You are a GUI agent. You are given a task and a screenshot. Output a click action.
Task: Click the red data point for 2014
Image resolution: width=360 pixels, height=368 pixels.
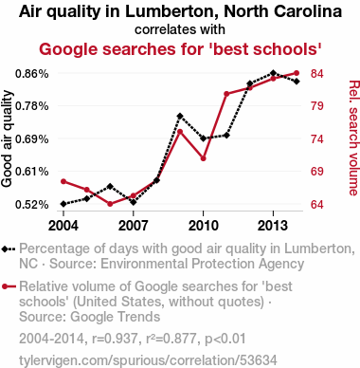click(297, 73)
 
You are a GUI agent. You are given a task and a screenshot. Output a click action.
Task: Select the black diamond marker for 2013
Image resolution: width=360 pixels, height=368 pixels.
click(273, 73)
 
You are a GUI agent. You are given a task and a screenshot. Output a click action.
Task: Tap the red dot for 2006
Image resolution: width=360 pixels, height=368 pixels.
click(110, 204)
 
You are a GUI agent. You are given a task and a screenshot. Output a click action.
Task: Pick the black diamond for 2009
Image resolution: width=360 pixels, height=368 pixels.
click(180, 116)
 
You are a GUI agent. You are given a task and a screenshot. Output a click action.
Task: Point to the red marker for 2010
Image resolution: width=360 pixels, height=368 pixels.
click(203, 158)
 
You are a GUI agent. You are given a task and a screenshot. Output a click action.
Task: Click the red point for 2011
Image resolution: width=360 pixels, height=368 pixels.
click(226, 94)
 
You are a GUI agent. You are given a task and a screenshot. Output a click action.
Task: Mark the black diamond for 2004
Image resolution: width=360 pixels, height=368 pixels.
click(63, 204)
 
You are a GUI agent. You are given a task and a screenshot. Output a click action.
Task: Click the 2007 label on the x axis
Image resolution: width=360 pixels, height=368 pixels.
click(134, 226)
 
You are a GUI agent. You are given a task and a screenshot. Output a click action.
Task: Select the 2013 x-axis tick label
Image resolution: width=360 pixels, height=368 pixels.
click(273, 226)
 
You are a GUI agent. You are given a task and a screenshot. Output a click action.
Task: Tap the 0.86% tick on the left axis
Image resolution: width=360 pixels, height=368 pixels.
click(32, 74)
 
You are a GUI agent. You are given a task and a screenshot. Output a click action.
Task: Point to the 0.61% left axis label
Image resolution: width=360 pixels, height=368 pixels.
click(32, 172)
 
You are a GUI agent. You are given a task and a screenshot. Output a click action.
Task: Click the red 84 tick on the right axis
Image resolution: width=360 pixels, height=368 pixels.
click(317, 74)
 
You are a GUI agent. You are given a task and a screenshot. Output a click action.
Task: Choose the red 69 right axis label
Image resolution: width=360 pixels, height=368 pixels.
click(317, 172)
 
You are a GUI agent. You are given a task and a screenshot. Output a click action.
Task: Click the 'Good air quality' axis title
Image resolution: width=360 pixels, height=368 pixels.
click(7, 138)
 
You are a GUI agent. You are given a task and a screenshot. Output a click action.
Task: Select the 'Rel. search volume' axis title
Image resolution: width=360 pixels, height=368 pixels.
click(353, 138)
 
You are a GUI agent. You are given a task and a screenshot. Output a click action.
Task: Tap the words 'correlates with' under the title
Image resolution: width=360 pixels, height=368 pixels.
click(180, 29)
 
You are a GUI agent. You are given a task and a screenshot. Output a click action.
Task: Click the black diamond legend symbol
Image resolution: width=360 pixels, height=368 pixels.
click(9, 249)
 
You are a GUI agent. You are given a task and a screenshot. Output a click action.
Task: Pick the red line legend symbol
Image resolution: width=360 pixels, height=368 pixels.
click(9, 286)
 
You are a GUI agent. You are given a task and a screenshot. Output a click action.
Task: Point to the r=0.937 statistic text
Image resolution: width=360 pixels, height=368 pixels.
click(115, 339)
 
